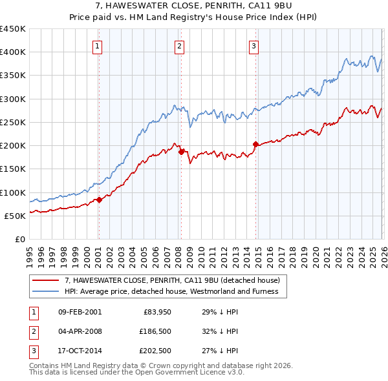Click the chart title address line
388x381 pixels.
point(194,6)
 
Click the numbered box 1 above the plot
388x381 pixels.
point(97,46)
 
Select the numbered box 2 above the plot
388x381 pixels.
point(178,46)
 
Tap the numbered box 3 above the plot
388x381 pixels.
point(254,46)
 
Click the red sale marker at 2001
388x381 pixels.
point(99,200)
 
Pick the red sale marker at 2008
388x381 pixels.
point(181,151)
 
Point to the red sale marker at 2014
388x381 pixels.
point(255,144)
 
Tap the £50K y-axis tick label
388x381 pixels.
point(14,216)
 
